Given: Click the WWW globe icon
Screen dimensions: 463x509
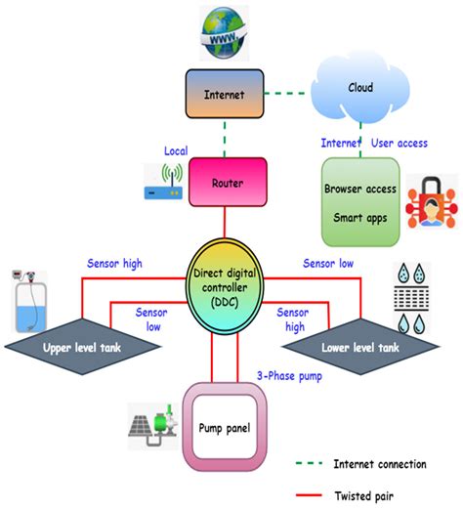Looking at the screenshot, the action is [224, 33].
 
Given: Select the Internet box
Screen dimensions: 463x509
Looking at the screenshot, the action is [225, 94].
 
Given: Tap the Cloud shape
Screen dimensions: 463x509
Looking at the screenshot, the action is [359, 89].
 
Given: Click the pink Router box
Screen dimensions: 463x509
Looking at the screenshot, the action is [228, 182].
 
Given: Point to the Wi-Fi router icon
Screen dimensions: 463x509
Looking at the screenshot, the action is [163, 181].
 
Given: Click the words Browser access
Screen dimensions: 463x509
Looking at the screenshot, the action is [360, 189].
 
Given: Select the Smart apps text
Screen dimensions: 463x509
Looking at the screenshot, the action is [360, 218].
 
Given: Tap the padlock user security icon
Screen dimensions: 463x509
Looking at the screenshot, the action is [432, 202].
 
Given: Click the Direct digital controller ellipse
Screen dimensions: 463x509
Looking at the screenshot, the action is [225, 286].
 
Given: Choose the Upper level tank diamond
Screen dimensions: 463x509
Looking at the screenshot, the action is [82, 347].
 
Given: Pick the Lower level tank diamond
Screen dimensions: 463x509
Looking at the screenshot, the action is [360, 347].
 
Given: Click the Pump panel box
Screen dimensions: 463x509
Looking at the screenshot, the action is [225, 427].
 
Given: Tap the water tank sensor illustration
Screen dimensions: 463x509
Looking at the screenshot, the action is [29, 301].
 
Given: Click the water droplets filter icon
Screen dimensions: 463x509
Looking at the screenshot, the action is [411, 298].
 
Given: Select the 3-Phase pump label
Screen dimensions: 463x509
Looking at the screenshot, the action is [289, 376].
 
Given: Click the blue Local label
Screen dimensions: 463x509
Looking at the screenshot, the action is [176, 150].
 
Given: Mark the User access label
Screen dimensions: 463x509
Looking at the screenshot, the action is [400, 143].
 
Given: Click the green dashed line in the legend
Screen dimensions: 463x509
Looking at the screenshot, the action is [309, 463].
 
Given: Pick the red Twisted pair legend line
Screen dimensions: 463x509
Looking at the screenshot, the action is [309, 495].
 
